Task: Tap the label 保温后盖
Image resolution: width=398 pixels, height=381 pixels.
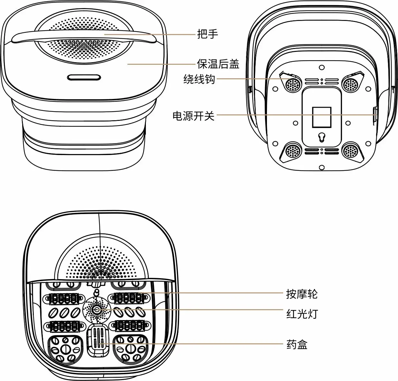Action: (x=218, y=64)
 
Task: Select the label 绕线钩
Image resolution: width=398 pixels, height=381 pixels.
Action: (x=199, y=79)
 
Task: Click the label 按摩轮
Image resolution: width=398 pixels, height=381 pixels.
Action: (x=302, y=294)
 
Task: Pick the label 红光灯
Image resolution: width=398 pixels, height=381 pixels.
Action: (x=302, y=313)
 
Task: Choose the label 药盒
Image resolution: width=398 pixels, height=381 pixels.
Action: (x=297, y=345)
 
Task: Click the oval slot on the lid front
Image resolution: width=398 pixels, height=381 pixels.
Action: (x=84, y=77)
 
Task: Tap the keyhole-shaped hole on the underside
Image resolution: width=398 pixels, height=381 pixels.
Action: (x=321, y=137)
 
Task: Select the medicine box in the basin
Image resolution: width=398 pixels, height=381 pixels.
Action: (x=97, y=340)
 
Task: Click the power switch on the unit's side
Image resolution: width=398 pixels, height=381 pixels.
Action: (x=375, y=115)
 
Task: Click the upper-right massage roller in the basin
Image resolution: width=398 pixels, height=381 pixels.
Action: (x=129, y=298)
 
